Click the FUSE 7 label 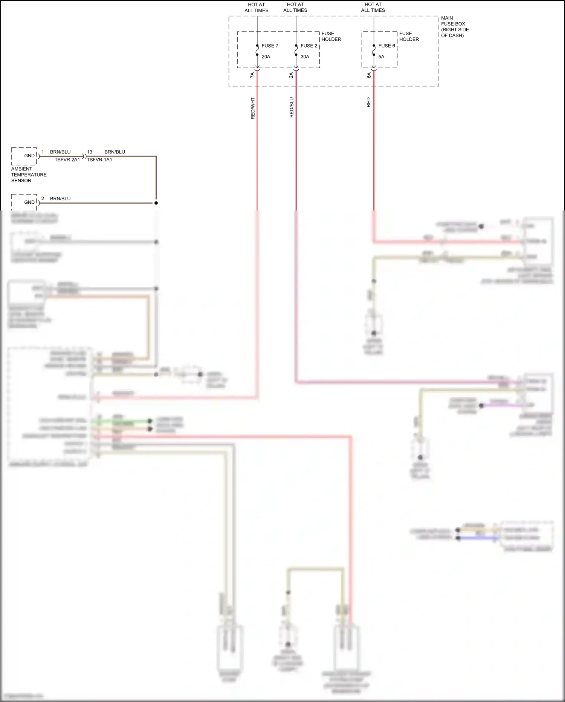click(x=270, y=46)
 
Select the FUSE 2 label click(x=309, y=46)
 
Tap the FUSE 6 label click(x=386, y=46)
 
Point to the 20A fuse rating click(x=266, y=57)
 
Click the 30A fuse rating click(x=305, y=57)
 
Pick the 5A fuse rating click(x=382, y=57)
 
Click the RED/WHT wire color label click(x=253, y=109)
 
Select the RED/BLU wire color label click(x=292, y=108)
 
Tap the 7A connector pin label click(x=252, y=75)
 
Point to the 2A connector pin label click(x=291, y=75)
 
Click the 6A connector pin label click(x=369, y=75)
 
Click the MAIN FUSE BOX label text click(x=455, y=27)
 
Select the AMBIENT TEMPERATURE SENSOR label click(x=29, y=175)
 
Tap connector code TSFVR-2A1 click(x=67, y=160)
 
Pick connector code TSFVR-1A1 click(x=99, y=160)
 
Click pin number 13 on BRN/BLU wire click(x=90, y=152)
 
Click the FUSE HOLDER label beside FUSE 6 click(x=409, y=36)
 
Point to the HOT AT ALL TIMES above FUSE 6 click(x=373, y=8)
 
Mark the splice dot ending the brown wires click(x=156, y=203)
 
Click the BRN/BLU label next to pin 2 click(x=60, y=198)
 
